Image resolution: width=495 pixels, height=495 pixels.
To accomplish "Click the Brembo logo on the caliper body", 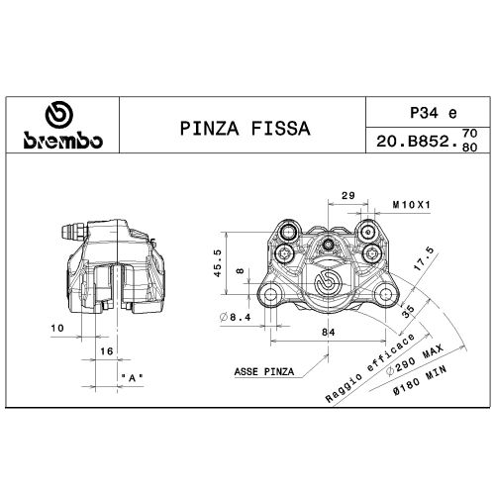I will (x=328, y=286).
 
